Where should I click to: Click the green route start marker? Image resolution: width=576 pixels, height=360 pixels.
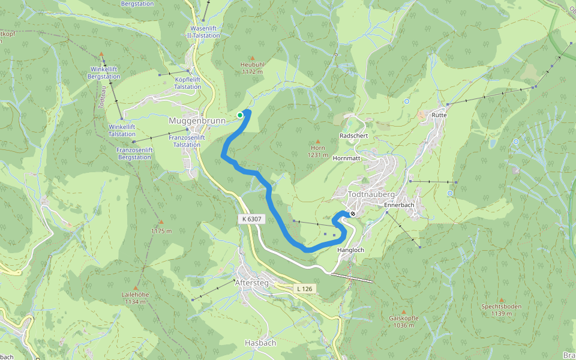(x=240, y=115)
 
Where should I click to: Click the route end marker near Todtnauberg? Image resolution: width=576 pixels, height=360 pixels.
(x=353, y=213)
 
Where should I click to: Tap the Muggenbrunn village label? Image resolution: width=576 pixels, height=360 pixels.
(x=196, y=121)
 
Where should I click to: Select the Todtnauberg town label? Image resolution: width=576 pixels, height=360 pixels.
(x=371, y=195)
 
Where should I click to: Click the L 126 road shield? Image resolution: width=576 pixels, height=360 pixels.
(x=304, y=289)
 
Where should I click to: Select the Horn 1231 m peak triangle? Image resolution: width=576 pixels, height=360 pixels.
(x=318, y=142)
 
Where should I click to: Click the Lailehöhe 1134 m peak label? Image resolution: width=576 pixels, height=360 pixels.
(x=135, y=298)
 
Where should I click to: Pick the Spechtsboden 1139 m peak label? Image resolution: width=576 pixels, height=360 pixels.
(x=501, y=310)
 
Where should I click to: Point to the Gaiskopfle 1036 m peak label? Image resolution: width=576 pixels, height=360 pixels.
(x=404, y=322)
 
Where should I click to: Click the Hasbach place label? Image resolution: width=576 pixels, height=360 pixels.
(x=260, y=343)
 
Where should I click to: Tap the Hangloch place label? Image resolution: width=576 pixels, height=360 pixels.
(x=351, y=250)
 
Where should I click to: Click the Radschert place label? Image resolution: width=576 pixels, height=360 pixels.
(x=353, y=136)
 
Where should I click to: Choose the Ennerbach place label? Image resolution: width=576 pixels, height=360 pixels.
(x=400, y=205)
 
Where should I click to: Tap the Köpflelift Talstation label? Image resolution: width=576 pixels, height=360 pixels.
(x=188, y=83)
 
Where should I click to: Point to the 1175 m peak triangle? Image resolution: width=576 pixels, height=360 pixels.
(x=161, y=222)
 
